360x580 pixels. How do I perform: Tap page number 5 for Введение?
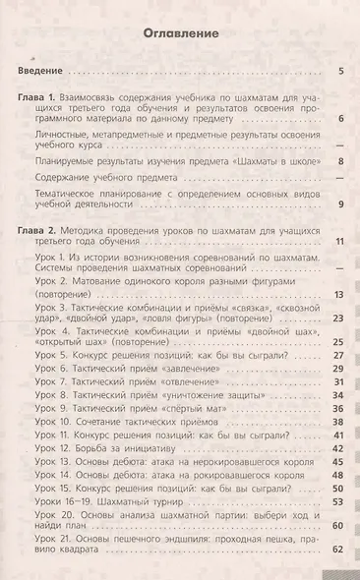click(339, 73)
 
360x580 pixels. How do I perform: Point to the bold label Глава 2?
click(42, 228)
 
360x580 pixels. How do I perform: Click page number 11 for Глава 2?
click(337, 242)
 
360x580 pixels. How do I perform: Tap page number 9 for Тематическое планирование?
click(339, 204)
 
